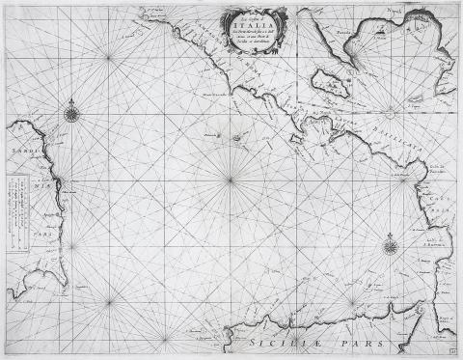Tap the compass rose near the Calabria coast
391,244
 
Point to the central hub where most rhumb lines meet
230,180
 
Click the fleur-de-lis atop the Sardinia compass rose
72,101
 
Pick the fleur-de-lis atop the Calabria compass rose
391,232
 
